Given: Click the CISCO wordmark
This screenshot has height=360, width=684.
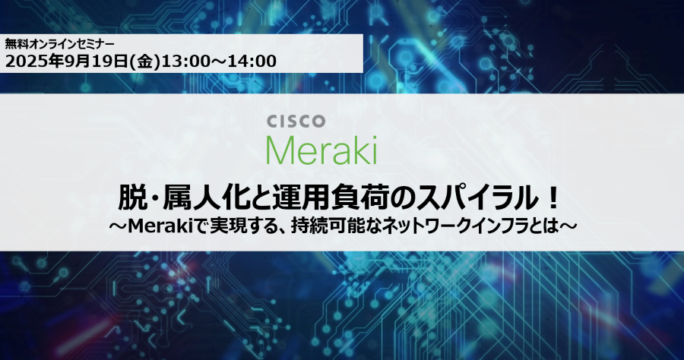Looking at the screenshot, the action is tap(296, 122).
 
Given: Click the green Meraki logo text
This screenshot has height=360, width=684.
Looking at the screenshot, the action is tap(321, 150).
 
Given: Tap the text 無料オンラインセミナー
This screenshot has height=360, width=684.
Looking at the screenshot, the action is tap(60, 44).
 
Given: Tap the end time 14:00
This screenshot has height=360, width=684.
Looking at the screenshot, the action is tap(252, 61).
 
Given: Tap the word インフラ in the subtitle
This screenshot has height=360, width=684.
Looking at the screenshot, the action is tap(489, 226).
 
